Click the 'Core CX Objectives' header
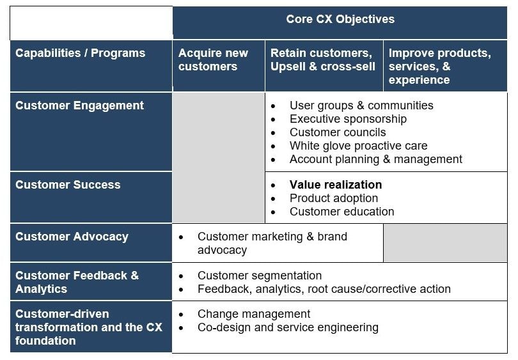(340, 19)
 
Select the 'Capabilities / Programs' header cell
(80, 53)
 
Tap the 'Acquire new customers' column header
(213, 59)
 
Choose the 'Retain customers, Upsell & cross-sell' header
(322, 59)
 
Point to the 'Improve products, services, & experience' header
(439, 66)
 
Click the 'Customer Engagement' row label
(79, 106)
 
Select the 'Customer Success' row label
(68, 185)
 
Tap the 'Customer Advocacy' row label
(72, 237)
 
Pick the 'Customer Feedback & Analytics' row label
(77, 282)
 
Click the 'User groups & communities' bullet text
(361, 106)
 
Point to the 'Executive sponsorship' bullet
(348, 119)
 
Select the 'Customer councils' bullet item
(338, 132)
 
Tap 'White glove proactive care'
(358, 146)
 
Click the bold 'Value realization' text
(336, 185)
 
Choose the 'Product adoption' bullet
(334, 198)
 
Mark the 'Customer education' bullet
(341, 212)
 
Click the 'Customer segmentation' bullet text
(260, 276)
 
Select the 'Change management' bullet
(254, 314)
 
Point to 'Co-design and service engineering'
(288, 327)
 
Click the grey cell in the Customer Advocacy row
(445, 243)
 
